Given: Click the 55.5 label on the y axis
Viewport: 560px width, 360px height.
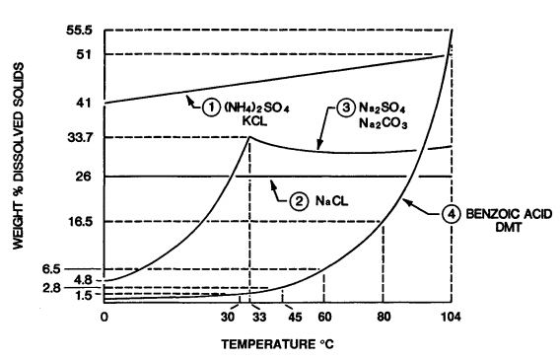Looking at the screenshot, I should coord(80,32).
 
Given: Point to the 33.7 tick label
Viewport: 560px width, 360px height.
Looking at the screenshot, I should coord(80,136).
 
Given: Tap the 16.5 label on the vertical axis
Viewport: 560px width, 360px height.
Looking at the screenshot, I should coord(80,222).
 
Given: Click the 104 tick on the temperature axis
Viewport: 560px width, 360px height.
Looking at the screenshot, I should coord(452,318).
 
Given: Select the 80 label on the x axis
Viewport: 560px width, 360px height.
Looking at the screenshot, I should coord(384,318).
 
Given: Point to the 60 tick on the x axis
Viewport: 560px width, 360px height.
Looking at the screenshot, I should coord(324,318).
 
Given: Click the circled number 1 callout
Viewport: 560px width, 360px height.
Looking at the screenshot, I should coord(212,109).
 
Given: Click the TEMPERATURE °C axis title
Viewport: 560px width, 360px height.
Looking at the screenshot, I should coord(279,347).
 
